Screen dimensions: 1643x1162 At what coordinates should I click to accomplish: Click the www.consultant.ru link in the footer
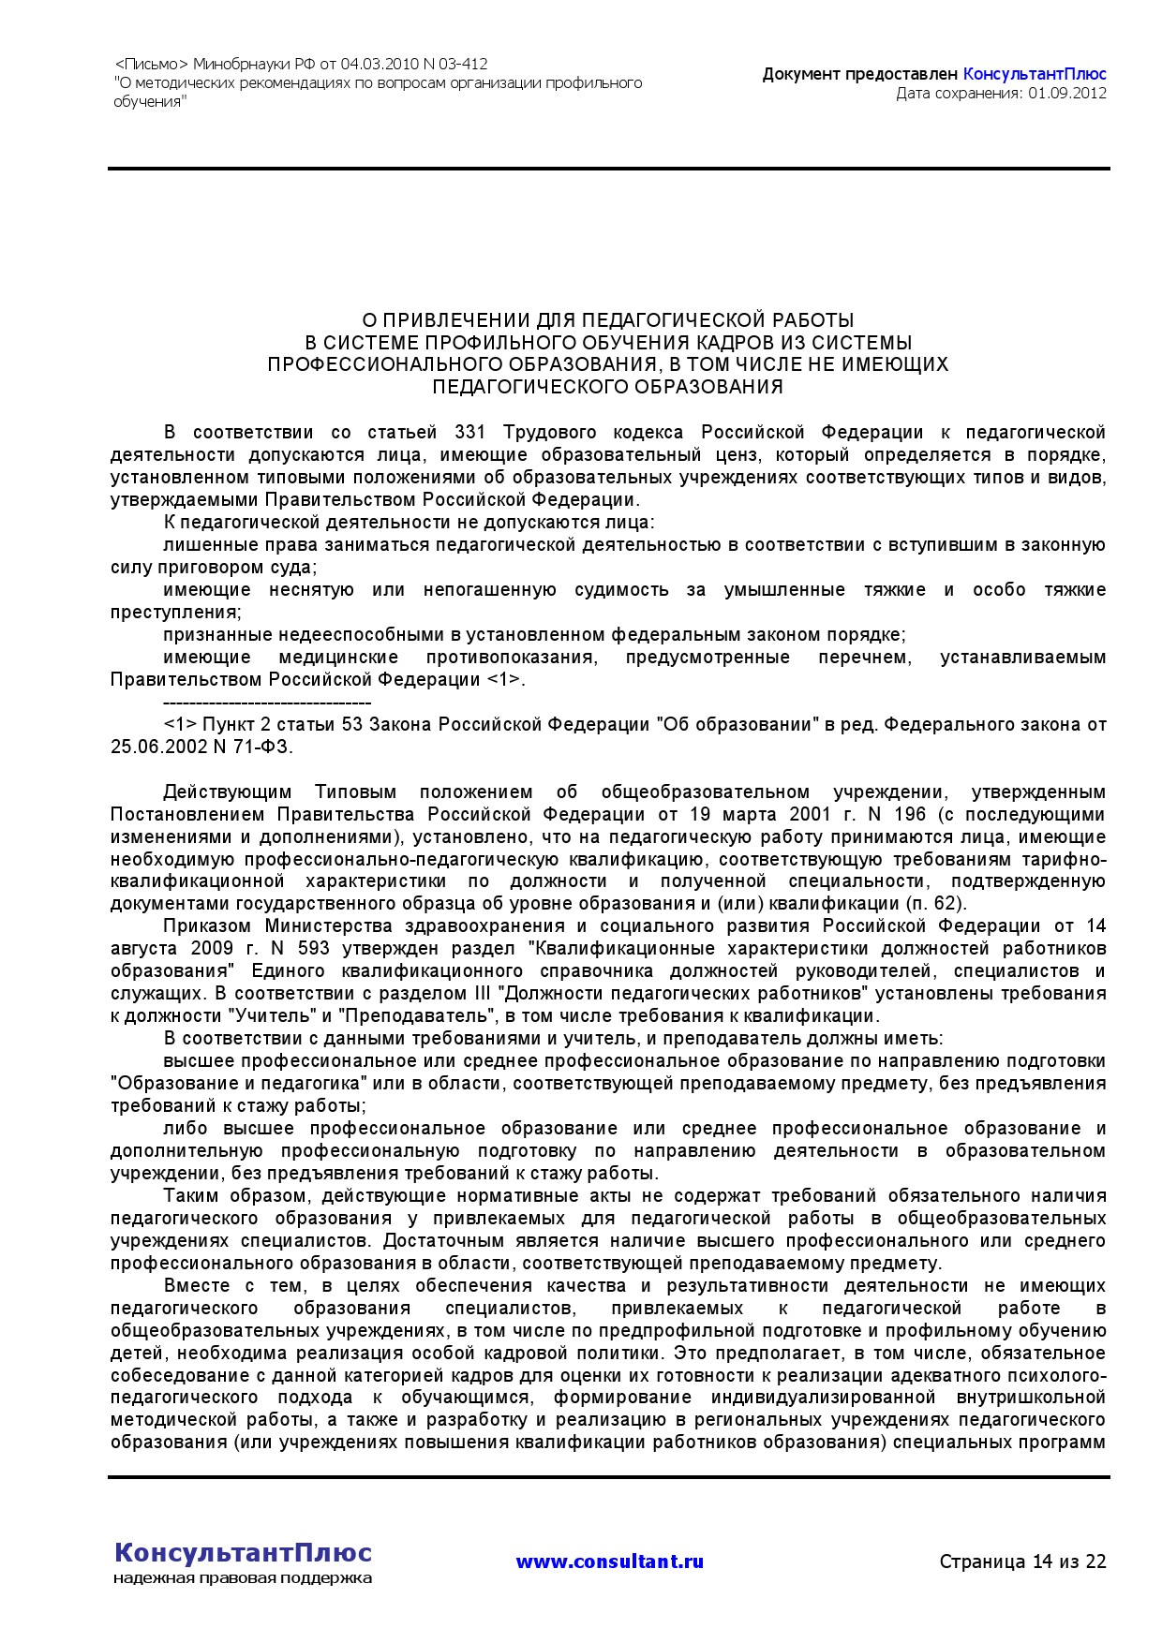pos(609,1562)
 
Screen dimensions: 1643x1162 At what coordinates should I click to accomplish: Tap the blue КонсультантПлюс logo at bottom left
pos(243,1553)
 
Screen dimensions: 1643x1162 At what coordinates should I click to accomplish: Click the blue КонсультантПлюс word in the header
pos(1035,74)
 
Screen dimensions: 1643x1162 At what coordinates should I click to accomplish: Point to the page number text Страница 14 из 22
pos(1022,1562)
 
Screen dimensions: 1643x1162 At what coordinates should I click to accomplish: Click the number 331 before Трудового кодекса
pos(469,433)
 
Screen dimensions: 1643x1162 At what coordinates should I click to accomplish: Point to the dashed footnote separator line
pos(267,703)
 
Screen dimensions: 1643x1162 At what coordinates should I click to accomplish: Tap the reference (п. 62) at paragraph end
pos(936,904)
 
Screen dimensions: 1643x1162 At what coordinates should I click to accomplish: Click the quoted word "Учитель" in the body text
pos(263,1016)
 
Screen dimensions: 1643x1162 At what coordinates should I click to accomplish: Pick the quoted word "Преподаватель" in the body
pos(416,1016)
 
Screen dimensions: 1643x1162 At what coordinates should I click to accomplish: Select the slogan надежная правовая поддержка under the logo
pos(243,1578)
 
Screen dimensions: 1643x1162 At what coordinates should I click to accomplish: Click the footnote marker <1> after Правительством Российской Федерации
pos(503,680)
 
